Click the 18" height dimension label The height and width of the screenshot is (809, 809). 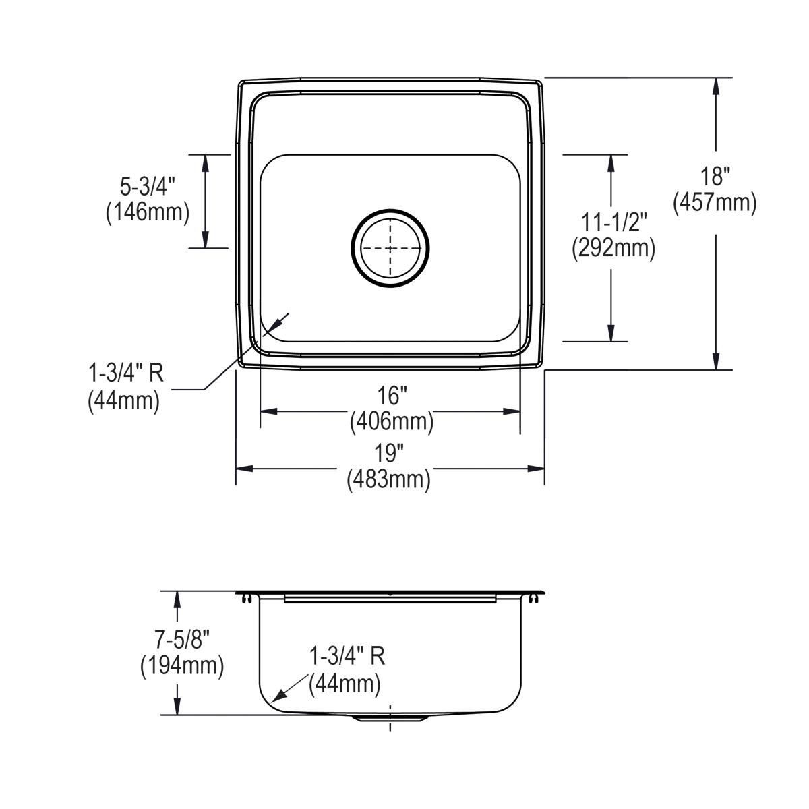click(715, 177)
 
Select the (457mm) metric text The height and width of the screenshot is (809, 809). click(715, 202)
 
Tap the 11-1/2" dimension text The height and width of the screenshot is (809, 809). click(614, 222)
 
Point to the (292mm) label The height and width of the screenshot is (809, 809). click(613, 248)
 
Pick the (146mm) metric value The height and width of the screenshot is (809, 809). click(147, 212)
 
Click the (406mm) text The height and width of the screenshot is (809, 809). click(391, 422)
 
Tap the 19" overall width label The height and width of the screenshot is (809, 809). click(389, 453)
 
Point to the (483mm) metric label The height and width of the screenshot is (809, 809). click(389, 480)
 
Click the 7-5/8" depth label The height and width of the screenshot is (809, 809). click(181, 638)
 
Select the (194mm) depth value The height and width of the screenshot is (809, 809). click(181, 666)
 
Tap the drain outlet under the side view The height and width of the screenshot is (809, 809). click(390, 719)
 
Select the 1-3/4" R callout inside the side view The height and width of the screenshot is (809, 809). click(347, 657)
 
